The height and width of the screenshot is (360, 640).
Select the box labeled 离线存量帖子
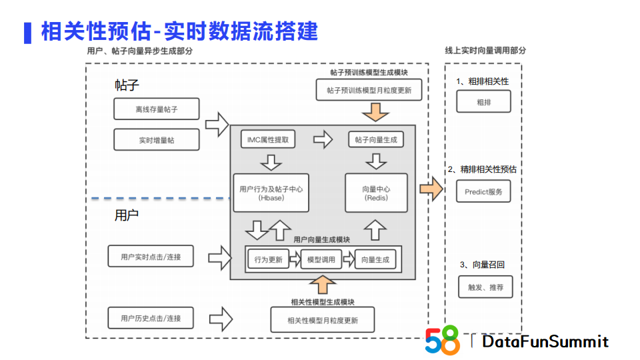point(157,109)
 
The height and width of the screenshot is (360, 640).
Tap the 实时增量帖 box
point(157,140)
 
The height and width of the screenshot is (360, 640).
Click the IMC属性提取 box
point(268,139)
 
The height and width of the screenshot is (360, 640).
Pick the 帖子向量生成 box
point(376,139)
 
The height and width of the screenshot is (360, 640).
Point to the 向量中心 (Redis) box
point(377,193)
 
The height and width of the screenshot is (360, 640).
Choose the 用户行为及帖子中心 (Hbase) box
point(271,193)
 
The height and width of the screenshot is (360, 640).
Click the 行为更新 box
point(268,259)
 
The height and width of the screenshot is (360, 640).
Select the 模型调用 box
point(321,259)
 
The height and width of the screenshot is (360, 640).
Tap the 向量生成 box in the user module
point(375,259)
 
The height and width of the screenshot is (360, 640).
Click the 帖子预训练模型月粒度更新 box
point(369,90)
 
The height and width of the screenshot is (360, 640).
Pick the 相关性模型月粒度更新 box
point(322,320)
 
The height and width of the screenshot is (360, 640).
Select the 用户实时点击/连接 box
point(151,256)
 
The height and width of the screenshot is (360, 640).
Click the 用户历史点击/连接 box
point(151,318)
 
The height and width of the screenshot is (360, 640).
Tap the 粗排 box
point(483,103)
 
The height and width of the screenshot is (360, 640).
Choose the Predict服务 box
point(483,191)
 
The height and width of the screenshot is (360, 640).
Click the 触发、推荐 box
point(485,287)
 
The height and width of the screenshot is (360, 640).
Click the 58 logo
point(442,340)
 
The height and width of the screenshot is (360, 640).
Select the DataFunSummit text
point(545,341)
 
